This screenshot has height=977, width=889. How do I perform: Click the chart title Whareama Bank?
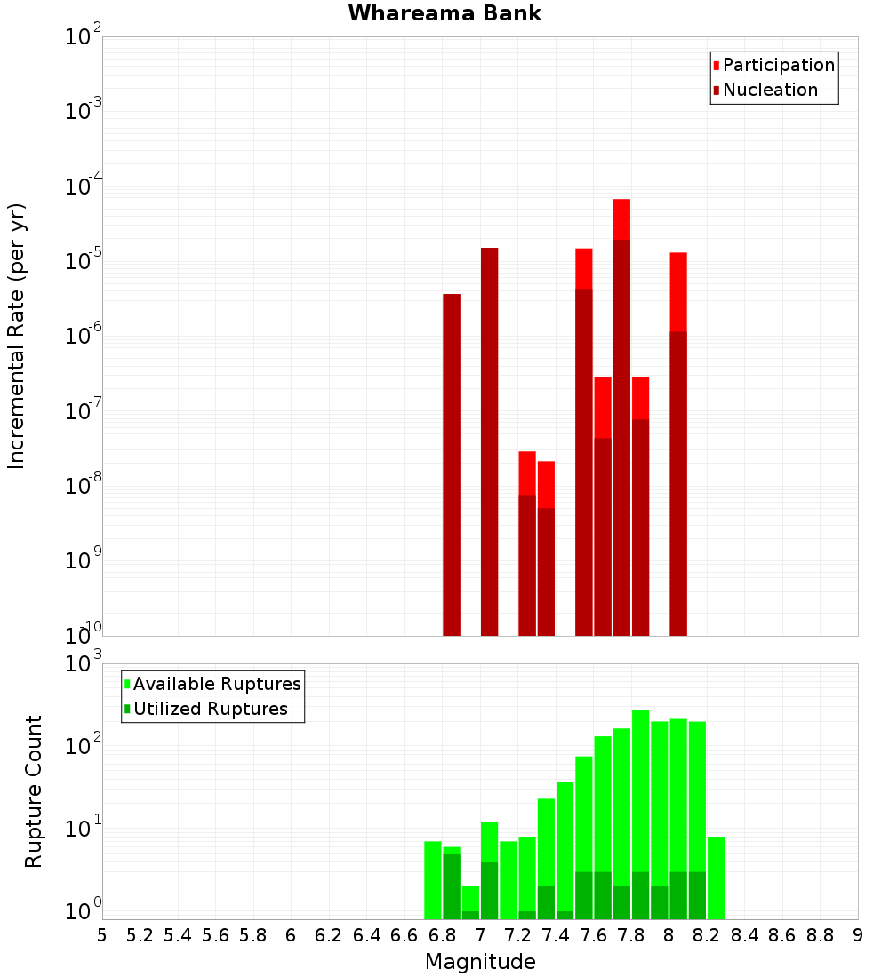coord(444,13)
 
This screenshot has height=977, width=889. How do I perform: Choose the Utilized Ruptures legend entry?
coord(210,709)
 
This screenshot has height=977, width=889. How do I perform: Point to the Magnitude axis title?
coord(480,962)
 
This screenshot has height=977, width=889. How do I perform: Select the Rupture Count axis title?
coord(34,791)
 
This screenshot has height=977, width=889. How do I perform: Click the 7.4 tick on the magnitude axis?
coord(556,935)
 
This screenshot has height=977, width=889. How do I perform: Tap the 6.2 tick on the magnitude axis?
coord(329,935)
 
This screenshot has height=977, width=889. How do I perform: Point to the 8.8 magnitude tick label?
coord(820,935)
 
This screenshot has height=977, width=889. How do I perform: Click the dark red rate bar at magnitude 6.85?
coord(452,462)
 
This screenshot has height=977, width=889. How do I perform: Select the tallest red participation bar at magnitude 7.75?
coord(621,218)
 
